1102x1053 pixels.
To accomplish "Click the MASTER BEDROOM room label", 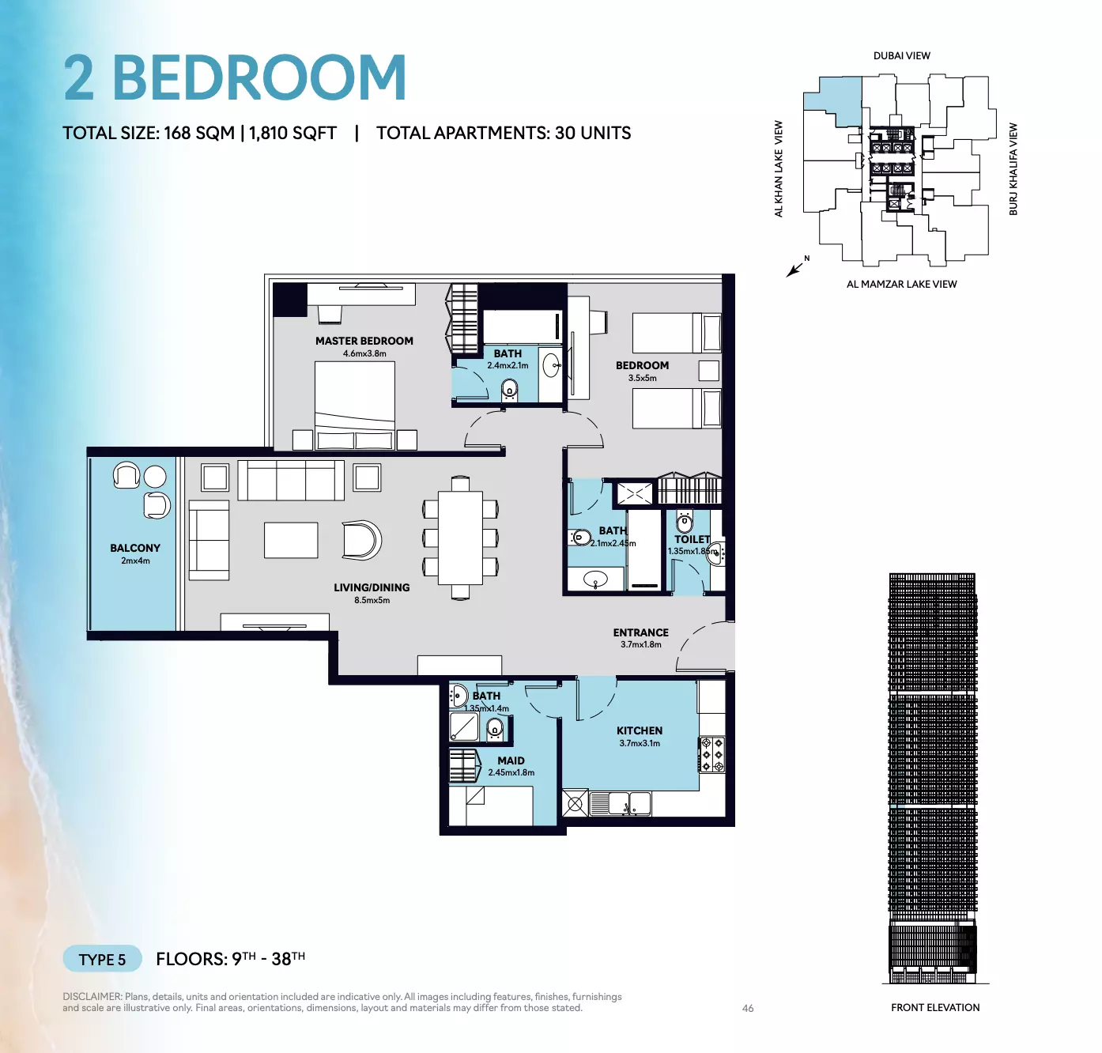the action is point(364,341).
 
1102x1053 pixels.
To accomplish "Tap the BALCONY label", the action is point(135,549).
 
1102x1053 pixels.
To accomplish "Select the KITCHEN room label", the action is point(640,730).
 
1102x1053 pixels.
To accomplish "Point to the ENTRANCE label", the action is point(640,632).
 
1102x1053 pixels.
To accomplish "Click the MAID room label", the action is point(511,760).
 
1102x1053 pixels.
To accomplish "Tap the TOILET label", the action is point(692,539).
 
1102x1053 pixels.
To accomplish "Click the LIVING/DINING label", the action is point(372,587).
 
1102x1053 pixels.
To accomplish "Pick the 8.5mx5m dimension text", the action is point(372,601).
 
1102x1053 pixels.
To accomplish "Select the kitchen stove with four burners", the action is point(712,754).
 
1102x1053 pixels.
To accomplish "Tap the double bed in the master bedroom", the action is point(355,406).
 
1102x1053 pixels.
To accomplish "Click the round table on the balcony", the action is point(155,477).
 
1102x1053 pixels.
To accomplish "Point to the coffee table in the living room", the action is point(290,541).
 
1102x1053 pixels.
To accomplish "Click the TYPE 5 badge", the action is point(103,960).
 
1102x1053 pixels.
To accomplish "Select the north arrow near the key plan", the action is point(795,268).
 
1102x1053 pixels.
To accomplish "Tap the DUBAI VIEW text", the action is point(901,55).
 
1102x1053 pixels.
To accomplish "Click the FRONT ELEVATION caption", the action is point(935,1008).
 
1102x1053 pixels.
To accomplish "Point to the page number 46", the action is point(748,1008).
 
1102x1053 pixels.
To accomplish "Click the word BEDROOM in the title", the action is point(259,78).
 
